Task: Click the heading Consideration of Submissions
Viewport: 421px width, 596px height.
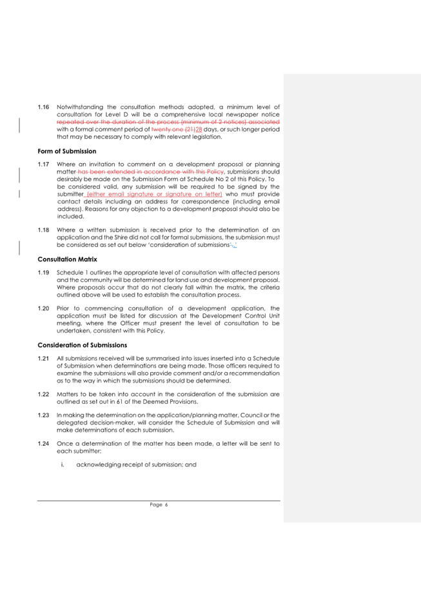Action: point(82,345)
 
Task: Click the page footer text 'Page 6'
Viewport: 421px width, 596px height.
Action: point(159,505)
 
